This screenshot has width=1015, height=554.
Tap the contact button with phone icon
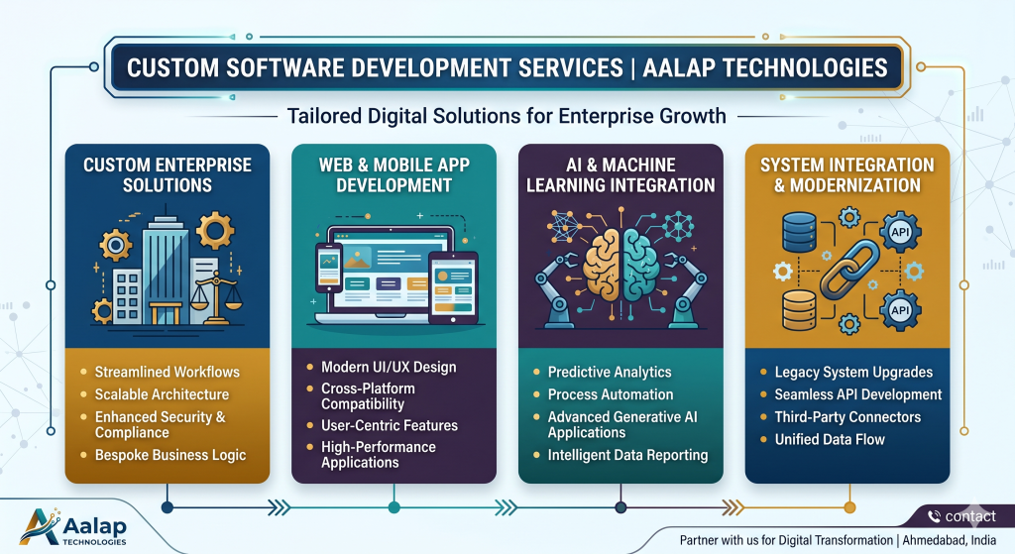tap(960, 515)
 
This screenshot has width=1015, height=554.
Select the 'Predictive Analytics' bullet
tap(610, 373)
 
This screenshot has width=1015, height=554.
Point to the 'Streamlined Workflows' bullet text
tap(167, 373)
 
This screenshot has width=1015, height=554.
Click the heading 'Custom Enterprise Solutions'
tap(167, 174)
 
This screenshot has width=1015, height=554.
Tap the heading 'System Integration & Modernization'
tap(846, 174)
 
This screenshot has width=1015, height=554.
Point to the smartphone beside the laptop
tap(328, 267)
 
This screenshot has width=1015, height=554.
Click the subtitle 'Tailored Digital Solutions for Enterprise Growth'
tap(507, 117)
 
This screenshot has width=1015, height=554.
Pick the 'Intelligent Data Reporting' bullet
tap(627, 456)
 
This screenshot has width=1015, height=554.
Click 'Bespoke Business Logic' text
tap(170, 456)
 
